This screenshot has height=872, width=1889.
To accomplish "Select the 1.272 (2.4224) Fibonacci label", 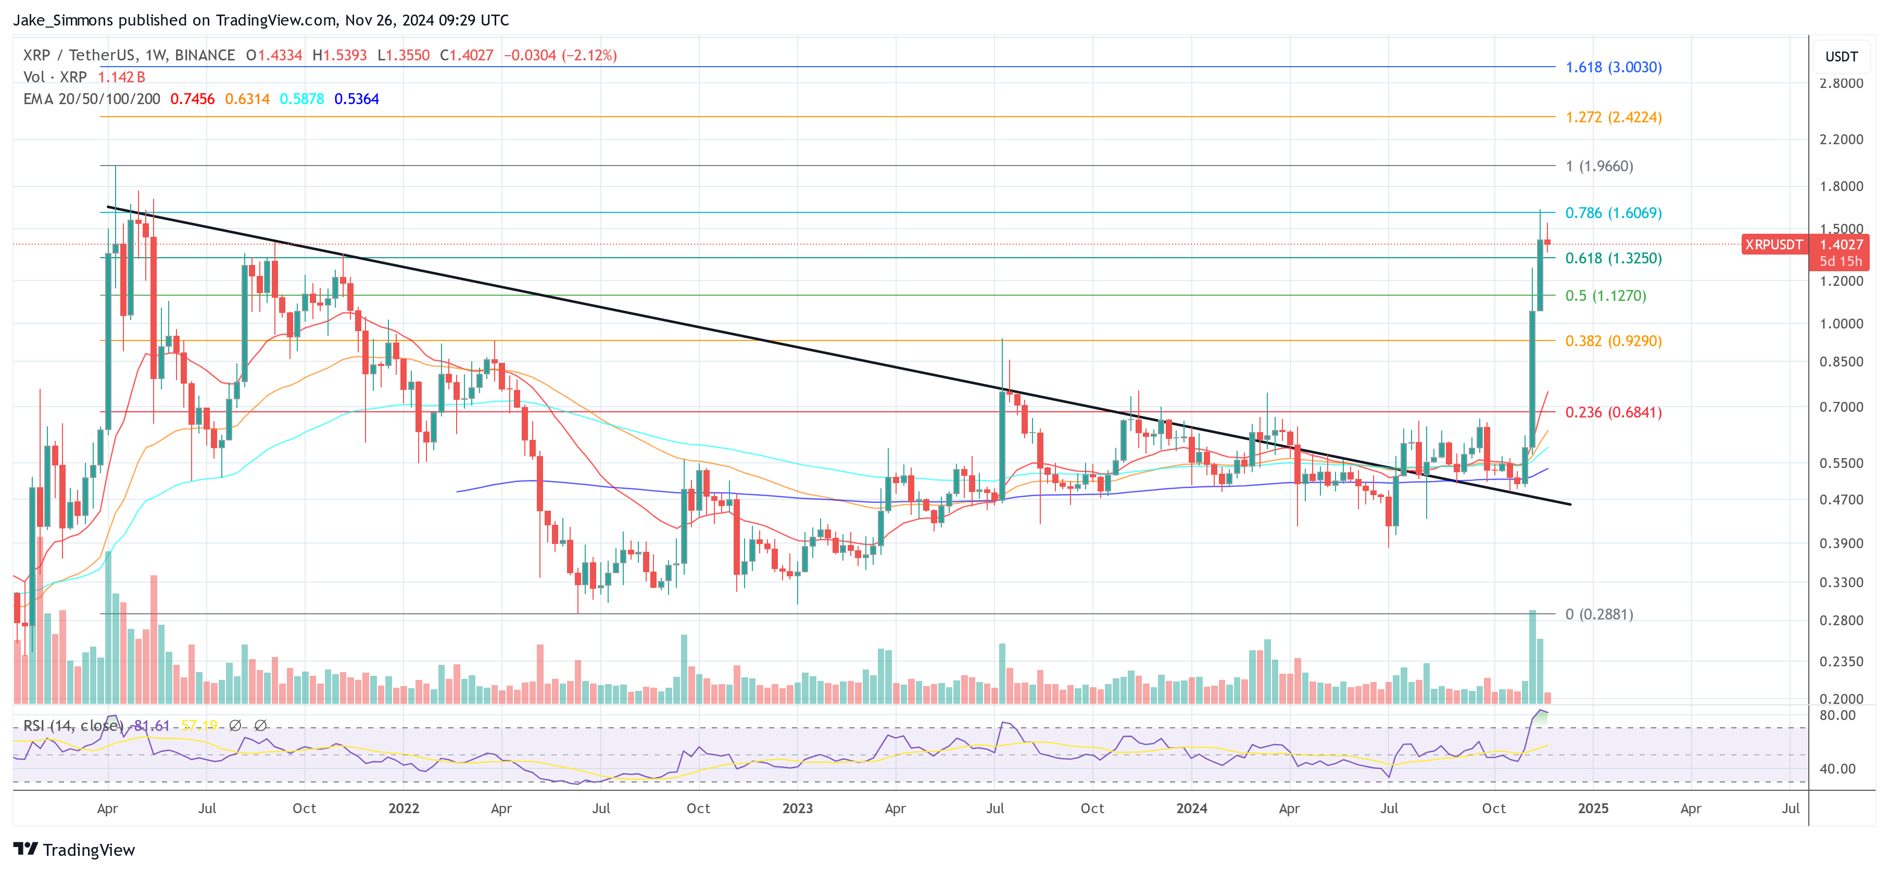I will click(x=1613, y=117).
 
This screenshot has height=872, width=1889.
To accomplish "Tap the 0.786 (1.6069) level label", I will click(x=1613, y=213).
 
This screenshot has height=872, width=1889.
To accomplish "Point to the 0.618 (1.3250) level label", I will click(x=1613, y=258).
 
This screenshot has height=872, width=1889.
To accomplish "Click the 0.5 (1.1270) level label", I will click(x=1606, y=296).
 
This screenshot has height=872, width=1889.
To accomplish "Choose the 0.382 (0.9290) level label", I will click(x=1613, y=341).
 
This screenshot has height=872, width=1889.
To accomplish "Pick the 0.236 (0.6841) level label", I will click(x=1613, y=412).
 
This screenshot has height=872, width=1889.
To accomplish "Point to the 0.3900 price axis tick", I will click(x=1841, y=544).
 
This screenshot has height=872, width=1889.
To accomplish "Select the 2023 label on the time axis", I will click(x=797, y=808).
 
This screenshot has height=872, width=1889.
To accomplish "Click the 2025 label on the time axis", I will click(x=1593, y=808).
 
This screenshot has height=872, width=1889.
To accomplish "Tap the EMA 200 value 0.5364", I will click(x=356, y=99).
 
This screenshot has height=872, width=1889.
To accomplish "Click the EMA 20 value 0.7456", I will click(x=192, y=99).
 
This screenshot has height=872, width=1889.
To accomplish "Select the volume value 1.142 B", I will click(x=122, y=77).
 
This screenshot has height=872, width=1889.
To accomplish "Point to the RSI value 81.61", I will click(x=152, y=725).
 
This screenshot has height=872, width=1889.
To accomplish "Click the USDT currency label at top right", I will click(x=1841, y=56).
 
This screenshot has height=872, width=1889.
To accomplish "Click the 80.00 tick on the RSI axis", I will click(x=1837, y=715).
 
